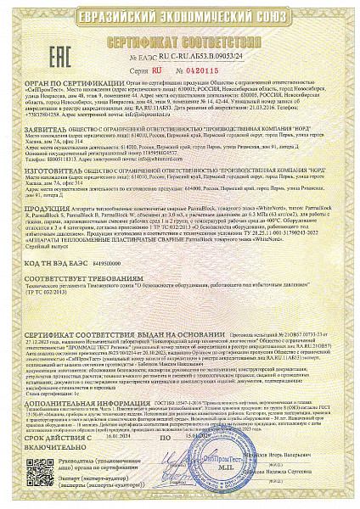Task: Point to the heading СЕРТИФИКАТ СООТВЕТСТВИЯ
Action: pyautogui.click(x=181, y=39)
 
